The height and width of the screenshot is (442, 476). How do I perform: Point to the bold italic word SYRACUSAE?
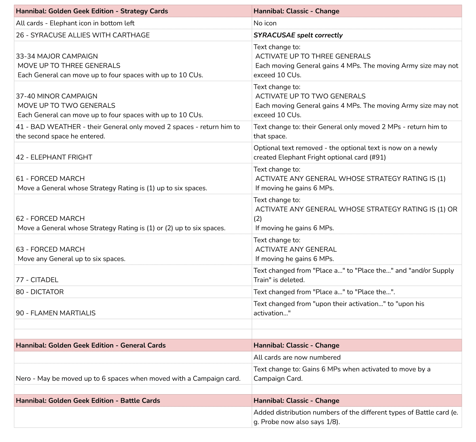[274, 35]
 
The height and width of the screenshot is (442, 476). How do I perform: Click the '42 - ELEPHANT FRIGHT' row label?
[54, 157]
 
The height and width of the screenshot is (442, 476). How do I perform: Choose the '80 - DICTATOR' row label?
[40, 292]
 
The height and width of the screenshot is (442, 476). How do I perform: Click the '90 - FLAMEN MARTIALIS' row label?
[56, 313]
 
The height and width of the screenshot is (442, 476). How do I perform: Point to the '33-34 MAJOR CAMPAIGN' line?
[57, 56]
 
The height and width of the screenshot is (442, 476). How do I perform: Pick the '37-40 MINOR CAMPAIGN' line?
[56, 96]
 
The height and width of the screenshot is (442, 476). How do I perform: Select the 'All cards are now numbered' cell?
[297, 358]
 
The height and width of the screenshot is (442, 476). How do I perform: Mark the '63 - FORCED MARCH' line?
[50, 249]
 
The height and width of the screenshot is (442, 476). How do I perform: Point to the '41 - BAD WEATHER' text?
[48, 127]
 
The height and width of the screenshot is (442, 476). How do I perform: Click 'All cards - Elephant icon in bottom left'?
[75, 23]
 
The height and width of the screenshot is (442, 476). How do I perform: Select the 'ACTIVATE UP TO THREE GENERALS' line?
[313, 56]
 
